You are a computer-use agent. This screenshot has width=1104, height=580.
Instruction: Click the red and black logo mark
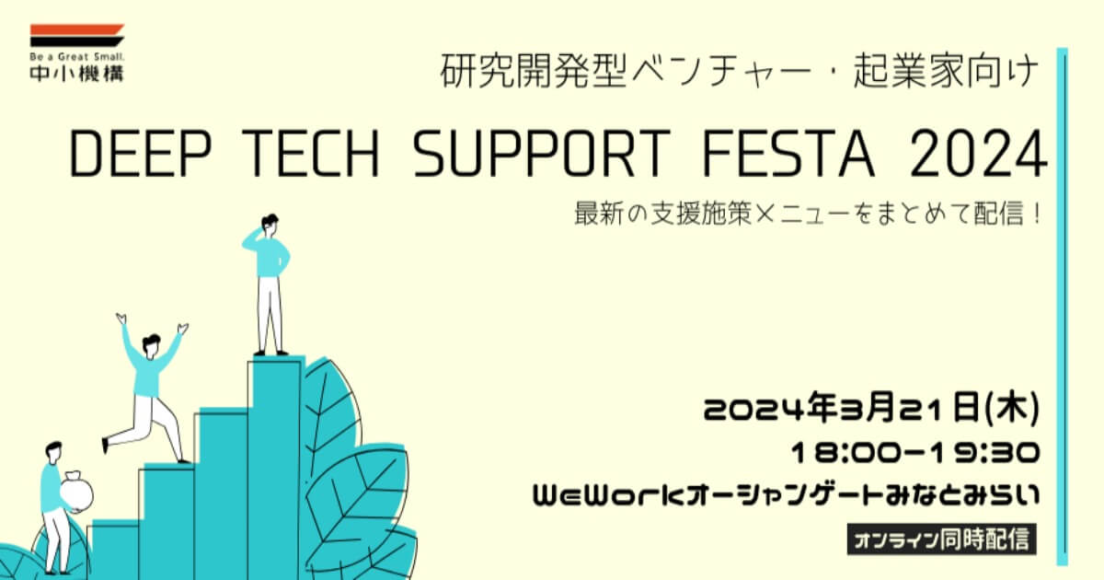(77, 36)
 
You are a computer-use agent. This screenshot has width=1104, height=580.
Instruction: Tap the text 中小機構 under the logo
(77, 73)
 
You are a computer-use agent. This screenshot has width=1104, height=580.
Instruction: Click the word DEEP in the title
(141, 154)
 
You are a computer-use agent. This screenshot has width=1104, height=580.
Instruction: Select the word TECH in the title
(312, 154)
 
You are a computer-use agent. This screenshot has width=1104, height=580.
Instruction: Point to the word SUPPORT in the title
(542, 154)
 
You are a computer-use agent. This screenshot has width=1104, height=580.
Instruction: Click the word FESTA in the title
(788, 154)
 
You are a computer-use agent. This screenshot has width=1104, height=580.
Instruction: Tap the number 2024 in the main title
(979, 154)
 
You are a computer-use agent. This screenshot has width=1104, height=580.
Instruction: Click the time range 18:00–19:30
(915, 453)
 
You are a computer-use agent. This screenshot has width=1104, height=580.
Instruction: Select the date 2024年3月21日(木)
(871, 409)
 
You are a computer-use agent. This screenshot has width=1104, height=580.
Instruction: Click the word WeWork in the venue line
(609, 495)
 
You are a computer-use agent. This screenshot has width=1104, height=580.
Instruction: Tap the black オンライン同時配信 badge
(941, 539)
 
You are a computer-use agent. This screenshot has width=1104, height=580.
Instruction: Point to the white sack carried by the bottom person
(76, 493)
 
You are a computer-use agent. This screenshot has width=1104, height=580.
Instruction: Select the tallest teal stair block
(276, 468)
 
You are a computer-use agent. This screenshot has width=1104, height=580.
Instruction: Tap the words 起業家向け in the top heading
(946, 72)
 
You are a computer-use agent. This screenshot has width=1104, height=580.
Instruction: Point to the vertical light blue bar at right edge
(1062, 307)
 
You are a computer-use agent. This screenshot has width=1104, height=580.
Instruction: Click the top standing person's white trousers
(270, 314)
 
